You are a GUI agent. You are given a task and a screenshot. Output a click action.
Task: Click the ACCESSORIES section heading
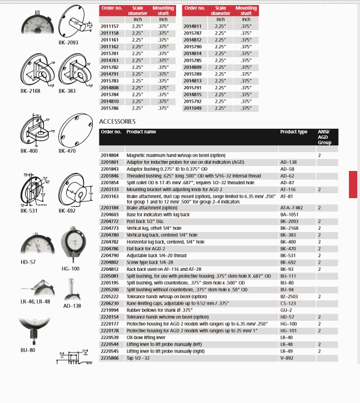pyautogui.click(x=117, y=121)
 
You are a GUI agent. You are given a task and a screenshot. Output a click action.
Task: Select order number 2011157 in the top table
pyautogui.click(x=109, y=26)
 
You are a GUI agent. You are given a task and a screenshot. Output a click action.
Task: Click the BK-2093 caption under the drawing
pyautogui.click(x=68, y=42)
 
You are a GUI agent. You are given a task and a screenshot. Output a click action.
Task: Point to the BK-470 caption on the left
pyautogui.click(x=68, y=151)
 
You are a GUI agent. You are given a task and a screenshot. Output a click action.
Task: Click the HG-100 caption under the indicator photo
pyautogui.click(x=71, y=268)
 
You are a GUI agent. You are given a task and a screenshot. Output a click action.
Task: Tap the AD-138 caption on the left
pyautogui.click(x=72, y=305)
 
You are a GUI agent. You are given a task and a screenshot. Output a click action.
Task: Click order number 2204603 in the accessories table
pyautogui.click(x=109, y=214)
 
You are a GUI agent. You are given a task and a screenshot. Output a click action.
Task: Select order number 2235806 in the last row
pyautogui.click(x=109, y=359)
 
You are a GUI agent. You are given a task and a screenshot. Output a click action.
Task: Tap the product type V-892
pyautogui.click(x=287, y=359)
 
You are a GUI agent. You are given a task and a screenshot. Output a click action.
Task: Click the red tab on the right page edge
pyautogui.click(x=354, y=184)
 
